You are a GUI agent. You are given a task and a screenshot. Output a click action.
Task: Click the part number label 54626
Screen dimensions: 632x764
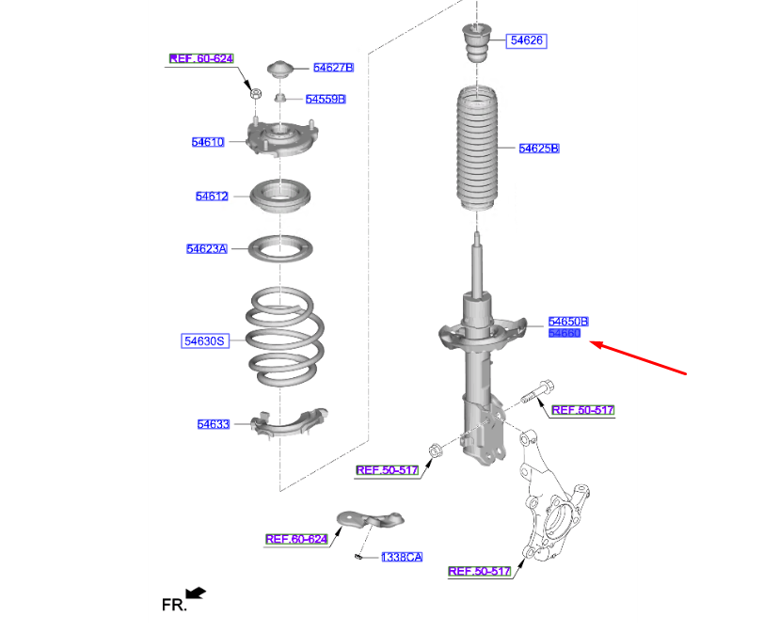[527, 40]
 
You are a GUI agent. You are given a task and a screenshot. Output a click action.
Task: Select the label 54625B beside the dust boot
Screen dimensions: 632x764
[539, 149]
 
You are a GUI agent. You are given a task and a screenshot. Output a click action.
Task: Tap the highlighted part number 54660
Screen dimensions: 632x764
[565, 333]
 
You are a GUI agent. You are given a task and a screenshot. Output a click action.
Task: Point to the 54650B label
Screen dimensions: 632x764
[568, 321]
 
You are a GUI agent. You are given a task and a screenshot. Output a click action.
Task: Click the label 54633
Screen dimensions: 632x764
[213, 424]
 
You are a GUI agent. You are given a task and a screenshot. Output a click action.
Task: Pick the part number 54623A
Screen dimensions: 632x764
[206, 249]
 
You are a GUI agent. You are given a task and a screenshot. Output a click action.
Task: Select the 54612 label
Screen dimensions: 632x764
[212, 197]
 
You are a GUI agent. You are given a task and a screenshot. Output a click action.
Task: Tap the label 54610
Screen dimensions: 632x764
[208, 142]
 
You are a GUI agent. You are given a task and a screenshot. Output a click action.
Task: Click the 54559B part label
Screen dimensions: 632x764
[326, 99]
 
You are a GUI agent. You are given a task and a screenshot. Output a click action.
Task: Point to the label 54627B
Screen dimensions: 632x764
[333, 68]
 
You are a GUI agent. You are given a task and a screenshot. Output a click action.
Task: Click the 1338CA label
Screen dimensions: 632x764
[401, 557]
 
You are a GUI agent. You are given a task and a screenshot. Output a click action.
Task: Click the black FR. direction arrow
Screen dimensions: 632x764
[196, 592]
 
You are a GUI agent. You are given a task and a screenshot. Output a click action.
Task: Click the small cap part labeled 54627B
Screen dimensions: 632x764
[279, 71]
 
